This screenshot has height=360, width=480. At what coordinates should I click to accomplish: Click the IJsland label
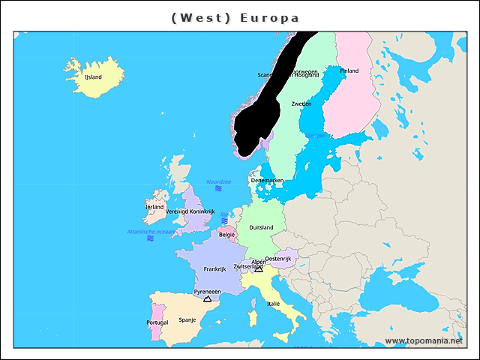coord(93,76)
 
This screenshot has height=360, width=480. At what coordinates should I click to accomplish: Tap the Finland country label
coord(349,71)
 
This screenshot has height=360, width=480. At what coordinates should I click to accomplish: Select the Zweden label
coord(301,103)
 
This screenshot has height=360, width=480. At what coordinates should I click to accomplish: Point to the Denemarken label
coord(267,181)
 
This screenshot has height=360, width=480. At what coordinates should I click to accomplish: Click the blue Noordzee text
coord(218,181)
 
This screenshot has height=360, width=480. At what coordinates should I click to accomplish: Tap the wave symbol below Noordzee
coord(218,189)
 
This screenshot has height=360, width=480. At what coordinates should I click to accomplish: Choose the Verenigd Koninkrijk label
coord(190,211)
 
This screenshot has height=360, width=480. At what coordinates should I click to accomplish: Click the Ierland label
coord(154,207)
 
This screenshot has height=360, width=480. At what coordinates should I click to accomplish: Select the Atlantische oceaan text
coord(150,232)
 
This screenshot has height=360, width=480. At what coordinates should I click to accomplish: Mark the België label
coord(226,235)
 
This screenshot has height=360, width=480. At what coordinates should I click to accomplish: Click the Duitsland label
coord(261,227)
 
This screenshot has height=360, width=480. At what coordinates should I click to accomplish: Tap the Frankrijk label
coord(214,268)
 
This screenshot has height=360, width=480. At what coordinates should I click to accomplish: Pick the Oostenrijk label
coord(277,259)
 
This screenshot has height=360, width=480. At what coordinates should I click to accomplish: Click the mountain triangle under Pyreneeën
coord(207,298)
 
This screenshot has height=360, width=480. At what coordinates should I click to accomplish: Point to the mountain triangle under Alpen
coord(259,268)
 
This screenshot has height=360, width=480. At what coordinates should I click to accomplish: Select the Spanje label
coord(187,319)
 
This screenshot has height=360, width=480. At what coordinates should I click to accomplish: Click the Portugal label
coord(157,322)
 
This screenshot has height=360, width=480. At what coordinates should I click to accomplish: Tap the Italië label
coord(273,304)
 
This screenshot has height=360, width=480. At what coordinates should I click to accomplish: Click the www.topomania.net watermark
coord(424,341)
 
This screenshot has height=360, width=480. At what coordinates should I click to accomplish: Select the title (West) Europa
coord(235,17)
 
